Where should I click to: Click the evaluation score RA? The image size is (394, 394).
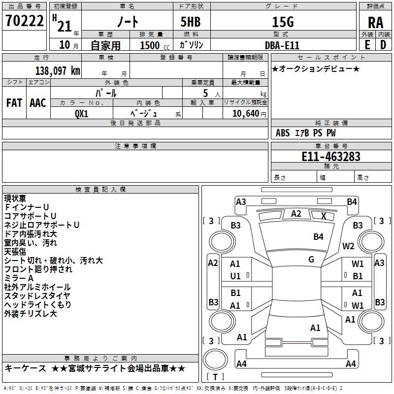(x=375, y=23)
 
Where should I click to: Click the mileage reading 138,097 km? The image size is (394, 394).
(x=58, y=70)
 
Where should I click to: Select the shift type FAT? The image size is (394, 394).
(x=14, y=103)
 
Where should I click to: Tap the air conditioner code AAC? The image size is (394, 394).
(x=37, y=103)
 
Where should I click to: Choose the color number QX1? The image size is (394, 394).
(x=82, y=113)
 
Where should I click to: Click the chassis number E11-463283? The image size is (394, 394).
(x=330, y=157)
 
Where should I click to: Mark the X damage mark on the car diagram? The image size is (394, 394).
(x=324, y=216)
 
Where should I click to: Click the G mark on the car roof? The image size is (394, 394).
(x=311, y=260)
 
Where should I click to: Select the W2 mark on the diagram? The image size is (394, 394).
(x=349, y=246)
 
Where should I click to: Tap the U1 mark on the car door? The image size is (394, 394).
(x=236, y=276)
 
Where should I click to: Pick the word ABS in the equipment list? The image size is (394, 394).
(x=283, y=133)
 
